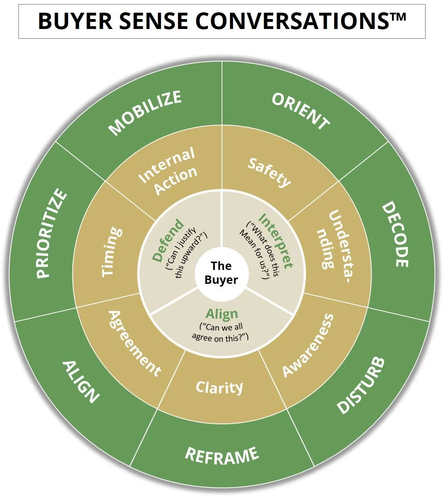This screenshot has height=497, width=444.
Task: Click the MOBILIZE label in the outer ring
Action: [x=145, y=113]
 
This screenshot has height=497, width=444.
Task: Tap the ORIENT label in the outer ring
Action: [x=300, y=111]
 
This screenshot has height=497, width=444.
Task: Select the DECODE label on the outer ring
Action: [x=395, y=234]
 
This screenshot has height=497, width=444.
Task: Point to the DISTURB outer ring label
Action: [x=360, y=385]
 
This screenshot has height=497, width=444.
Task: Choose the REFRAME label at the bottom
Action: [x=222, y=455]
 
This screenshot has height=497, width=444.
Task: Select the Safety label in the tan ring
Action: [x=269, y=172]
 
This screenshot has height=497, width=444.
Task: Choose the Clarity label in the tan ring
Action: [x=219, y=387]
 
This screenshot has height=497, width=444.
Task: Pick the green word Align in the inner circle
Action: [x=222, y=314]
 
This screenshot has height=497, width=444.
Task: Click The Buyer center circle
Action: [x=221, y=273]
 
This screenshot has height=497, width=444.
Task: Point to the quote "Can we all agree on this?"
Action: [x=220, y=332]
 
